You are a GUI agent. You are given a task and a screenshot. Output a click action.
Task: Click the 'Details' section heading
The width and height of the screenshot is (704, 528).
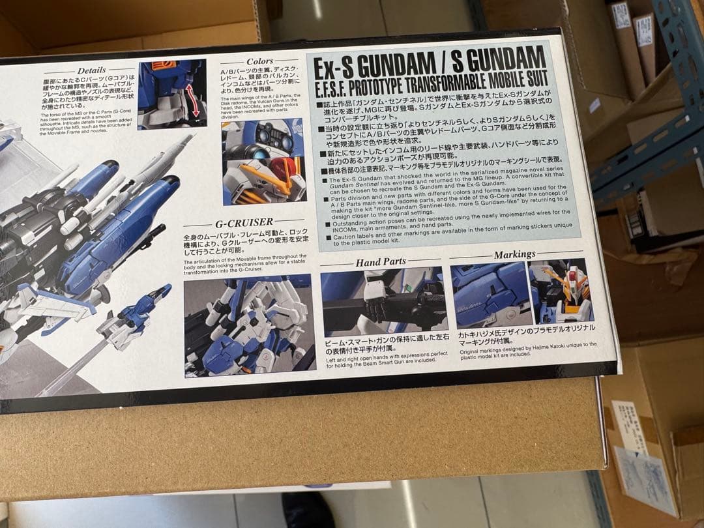click(91, 70)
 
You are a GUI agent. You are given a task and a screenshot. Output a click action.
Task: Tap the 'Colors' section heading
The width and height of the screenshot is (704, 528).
click(259, 61)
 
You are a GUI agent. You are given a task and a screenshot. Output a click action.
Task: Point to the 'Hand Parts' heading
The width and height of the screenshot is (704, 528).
click(381, 262)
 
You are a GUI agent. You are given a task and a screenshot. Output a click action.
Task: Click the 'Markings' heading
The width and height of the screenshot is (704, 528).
click(514, 254)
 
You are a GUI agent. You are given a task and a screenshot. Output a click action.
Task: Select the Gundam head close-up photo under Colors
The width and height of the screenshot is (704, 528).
click(263, 162)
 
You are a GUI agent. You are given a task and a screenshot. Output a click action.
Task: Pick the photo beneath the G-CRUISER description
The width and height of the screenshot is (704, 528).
click(249, 327)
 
